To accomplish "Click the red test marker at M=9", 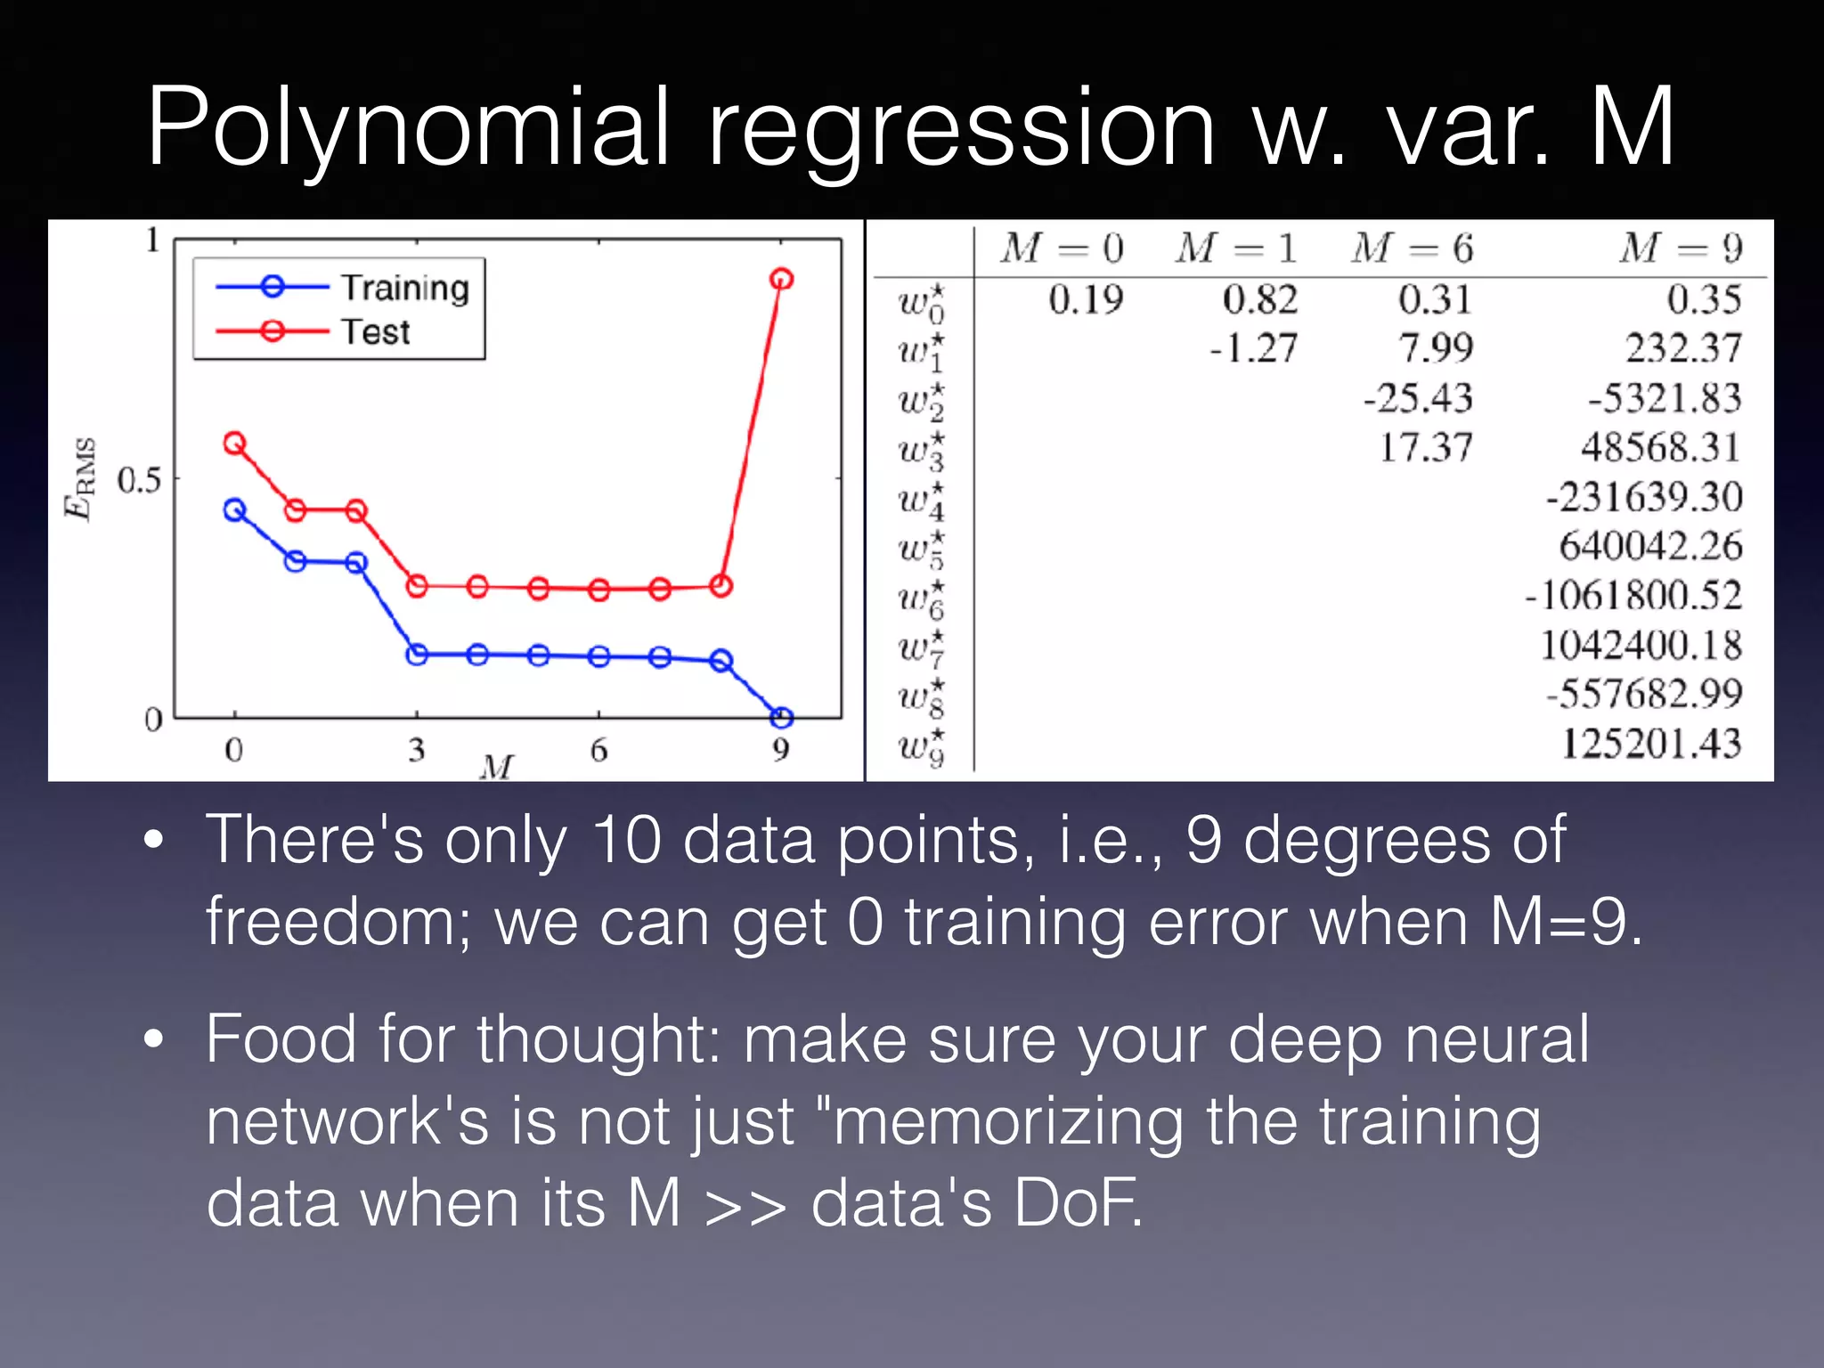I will [781, 280].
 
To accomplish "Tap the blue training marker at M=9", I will [781, 717].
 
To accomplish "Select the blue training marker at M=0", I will [234, 510].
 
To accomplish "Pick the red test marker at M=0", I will [234, 443].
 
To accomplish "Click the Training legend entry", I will [404, 288].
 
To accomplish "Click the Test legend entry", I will [375, 332].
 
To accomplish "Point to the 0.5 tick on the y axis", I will [139, 480].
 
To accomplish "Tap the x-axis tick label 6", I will [598, 750].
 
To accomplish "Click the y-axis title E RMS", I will [80, 478].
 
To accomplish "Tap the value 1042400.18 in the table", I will [1641, 645].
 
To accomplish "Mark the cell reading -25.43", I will [1418, 398].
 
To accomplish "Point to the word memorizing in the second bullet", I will [1009, 1121].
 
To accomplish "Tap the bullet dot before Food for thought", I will [154, 1038].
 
